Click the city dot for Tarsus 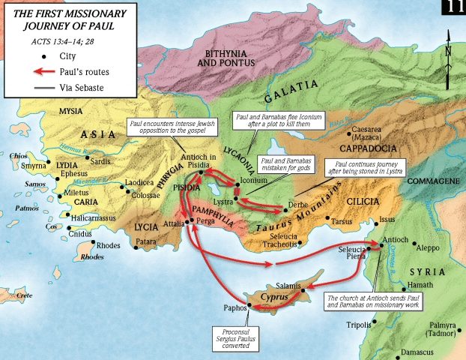[x=330, y=220]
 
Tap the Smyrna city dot [x=48, y=163]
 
